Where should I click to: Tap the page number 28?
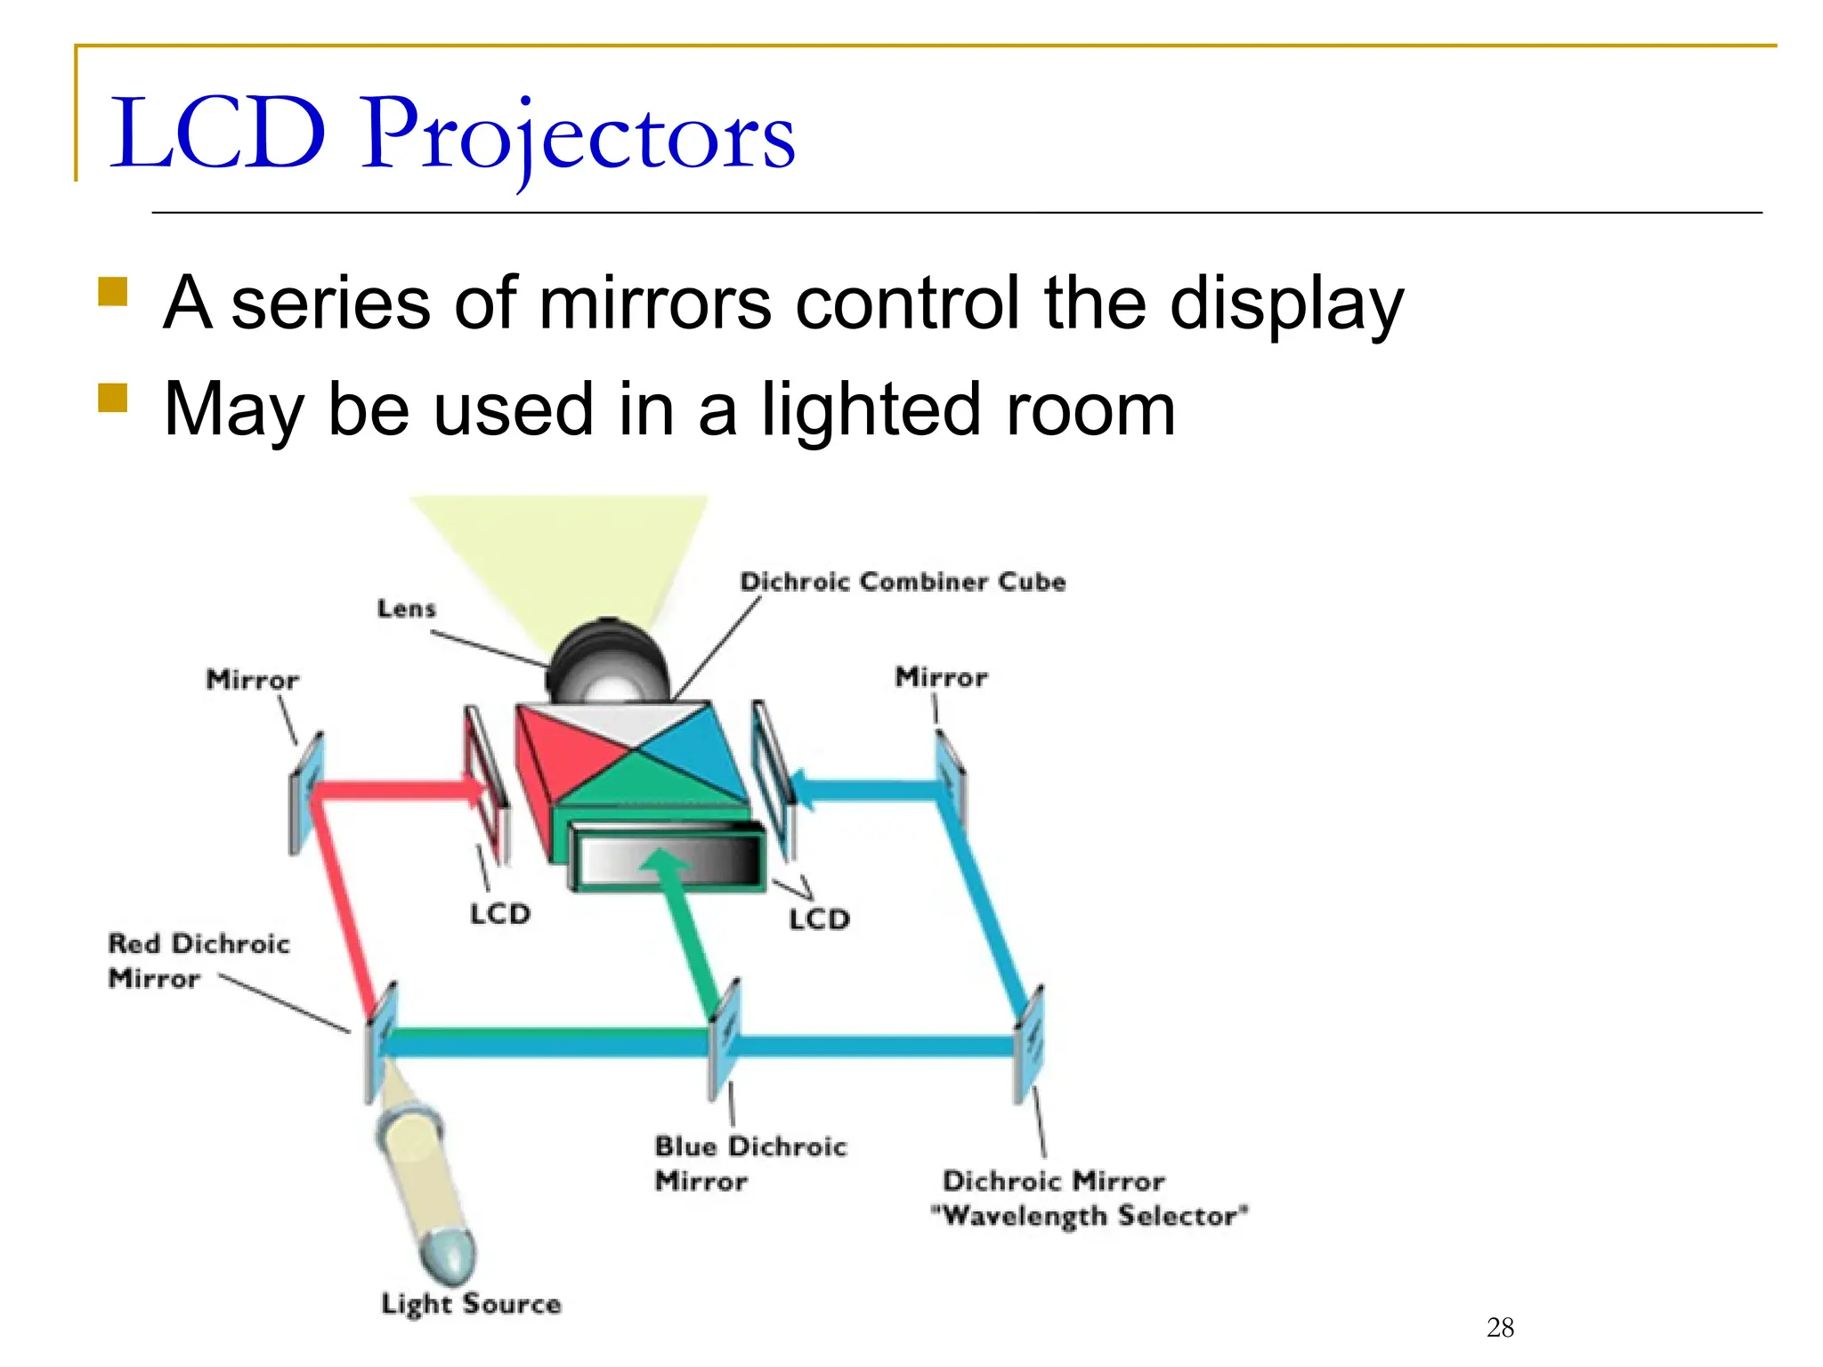(1500, 1328)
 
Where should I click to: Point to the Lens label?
(407, 609)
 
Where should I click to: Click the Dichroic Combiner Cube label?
(903, 582)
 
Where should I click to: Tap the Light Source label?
(471, 1304)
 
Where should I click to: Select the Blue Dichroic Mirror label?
(749, 1163)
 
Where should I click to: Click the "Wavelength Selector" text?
(1089, 1216)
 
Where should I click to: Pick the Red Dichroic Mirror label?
(198, 960)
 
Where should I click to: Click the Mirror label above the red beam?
(253, 680)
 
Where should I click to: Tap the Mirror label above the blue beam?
(941, 677)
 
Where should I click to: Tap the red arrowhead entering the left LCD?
(476, 789)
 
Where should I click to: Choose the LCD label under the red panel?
(500, 914)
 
